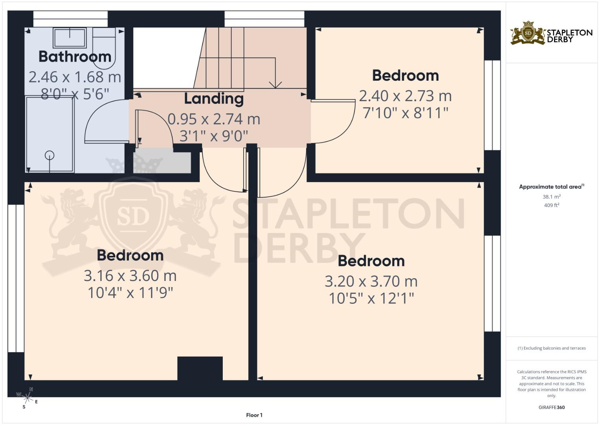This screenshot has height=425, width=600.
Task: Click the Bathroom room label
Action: click(x=75, y=57)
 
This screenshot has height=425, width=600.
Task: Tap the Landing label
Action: click(x=214, y=99)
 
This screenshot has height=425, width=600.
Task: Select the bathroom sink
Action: click(x=70, y=38)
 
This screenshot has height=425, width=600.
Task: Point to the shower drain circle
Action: click(x=50, y=155)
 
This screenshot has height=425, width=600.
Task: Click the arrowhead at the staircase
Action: click(x=275, y=85)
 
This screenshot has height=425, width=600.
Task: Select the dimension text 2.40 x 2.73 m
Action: click(x=405, y=96)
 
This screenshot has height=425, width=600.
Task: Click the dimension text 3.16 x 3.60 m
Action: click(x=130, y=275)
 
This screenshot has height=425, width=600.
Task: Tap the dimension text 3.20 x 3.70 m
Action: click(x=371, y=281)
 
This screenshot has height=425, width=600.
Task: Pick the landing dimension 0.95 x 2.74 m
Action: click(x=214, y=119)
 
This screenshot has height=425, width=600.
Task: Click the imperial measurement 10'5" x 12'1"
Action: click(x=371, y=298)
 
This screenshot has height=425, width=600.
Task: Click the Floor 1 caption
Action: click(x=254, y=415)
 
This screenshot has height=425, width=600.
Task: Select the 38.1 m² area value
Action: click(x=552, y=197)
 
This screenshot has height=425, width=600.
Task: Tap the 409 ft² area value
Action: click(x=552, y=205)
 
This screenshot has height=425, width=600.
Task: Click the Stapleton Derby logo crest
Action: click(x=528, y=33)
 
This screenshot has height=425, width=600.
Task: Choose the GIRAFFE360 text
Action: click(x=552, y=407)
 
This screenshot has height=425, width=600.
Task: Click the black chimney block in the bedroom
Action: click(x=200, y=368)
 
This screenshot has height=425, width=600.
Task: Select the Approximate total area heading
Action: click(x=552, y=187)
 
